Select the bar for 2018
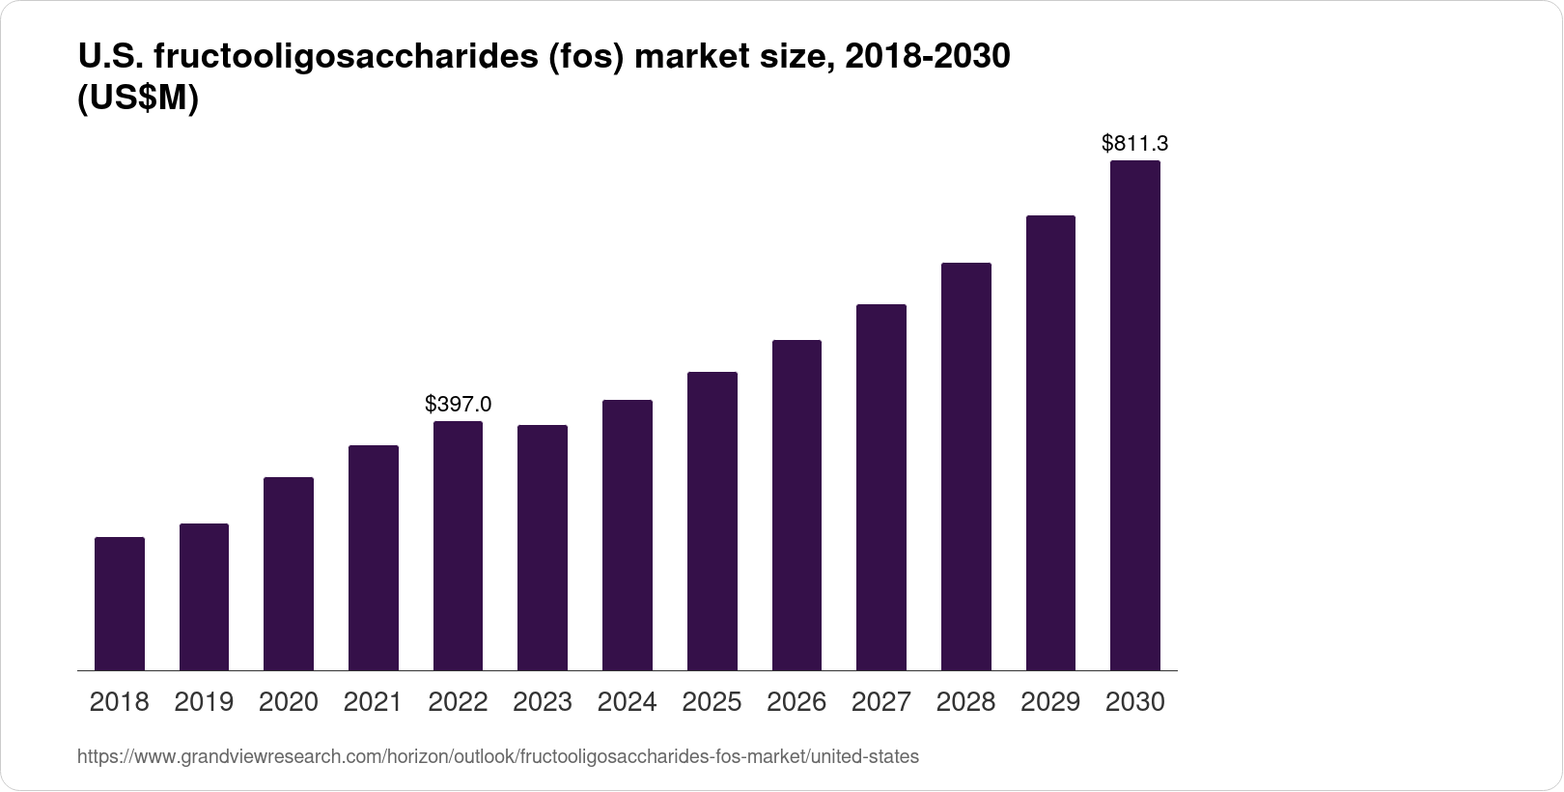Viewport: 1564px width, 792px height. click(120, 604)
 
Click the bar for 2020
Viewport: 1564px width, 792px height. click(289, 574)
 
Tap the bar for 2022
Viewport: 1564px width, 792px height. click(458, 546)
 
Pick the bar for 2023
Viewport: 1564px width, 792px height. click(543, 548)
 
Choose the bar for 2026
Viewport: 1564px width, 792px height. click(796, 505)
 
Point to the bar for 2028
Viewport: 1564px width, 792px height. click(965, 467)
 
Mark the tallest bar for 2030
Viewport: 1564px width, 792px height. click(1135, 415)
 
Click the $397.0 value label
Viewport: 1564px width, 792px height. click(458, 405)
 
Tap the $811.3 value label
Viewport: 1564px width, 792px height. click(1135, 144)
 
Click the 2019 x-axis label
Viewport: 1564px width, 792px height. click(204, 702)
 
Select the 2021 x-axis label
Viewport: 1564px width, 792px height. click(373, 702)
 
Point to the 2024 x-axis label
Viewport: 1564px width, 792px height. click(627, 702)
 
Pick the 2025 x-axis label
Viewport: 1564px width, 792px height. click(712, 702)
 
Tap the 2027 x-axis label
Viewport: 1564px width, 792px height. click(881, 702)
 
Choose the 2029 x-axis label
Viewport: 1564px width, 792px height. click(1050, 702)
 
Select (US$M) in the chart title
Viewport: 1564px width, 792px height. click(137, 99)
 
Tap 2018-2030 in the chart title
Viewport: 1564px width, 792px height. click(927, 58)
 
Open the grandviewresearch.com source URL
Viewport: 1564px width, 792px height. click(497, 757)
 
